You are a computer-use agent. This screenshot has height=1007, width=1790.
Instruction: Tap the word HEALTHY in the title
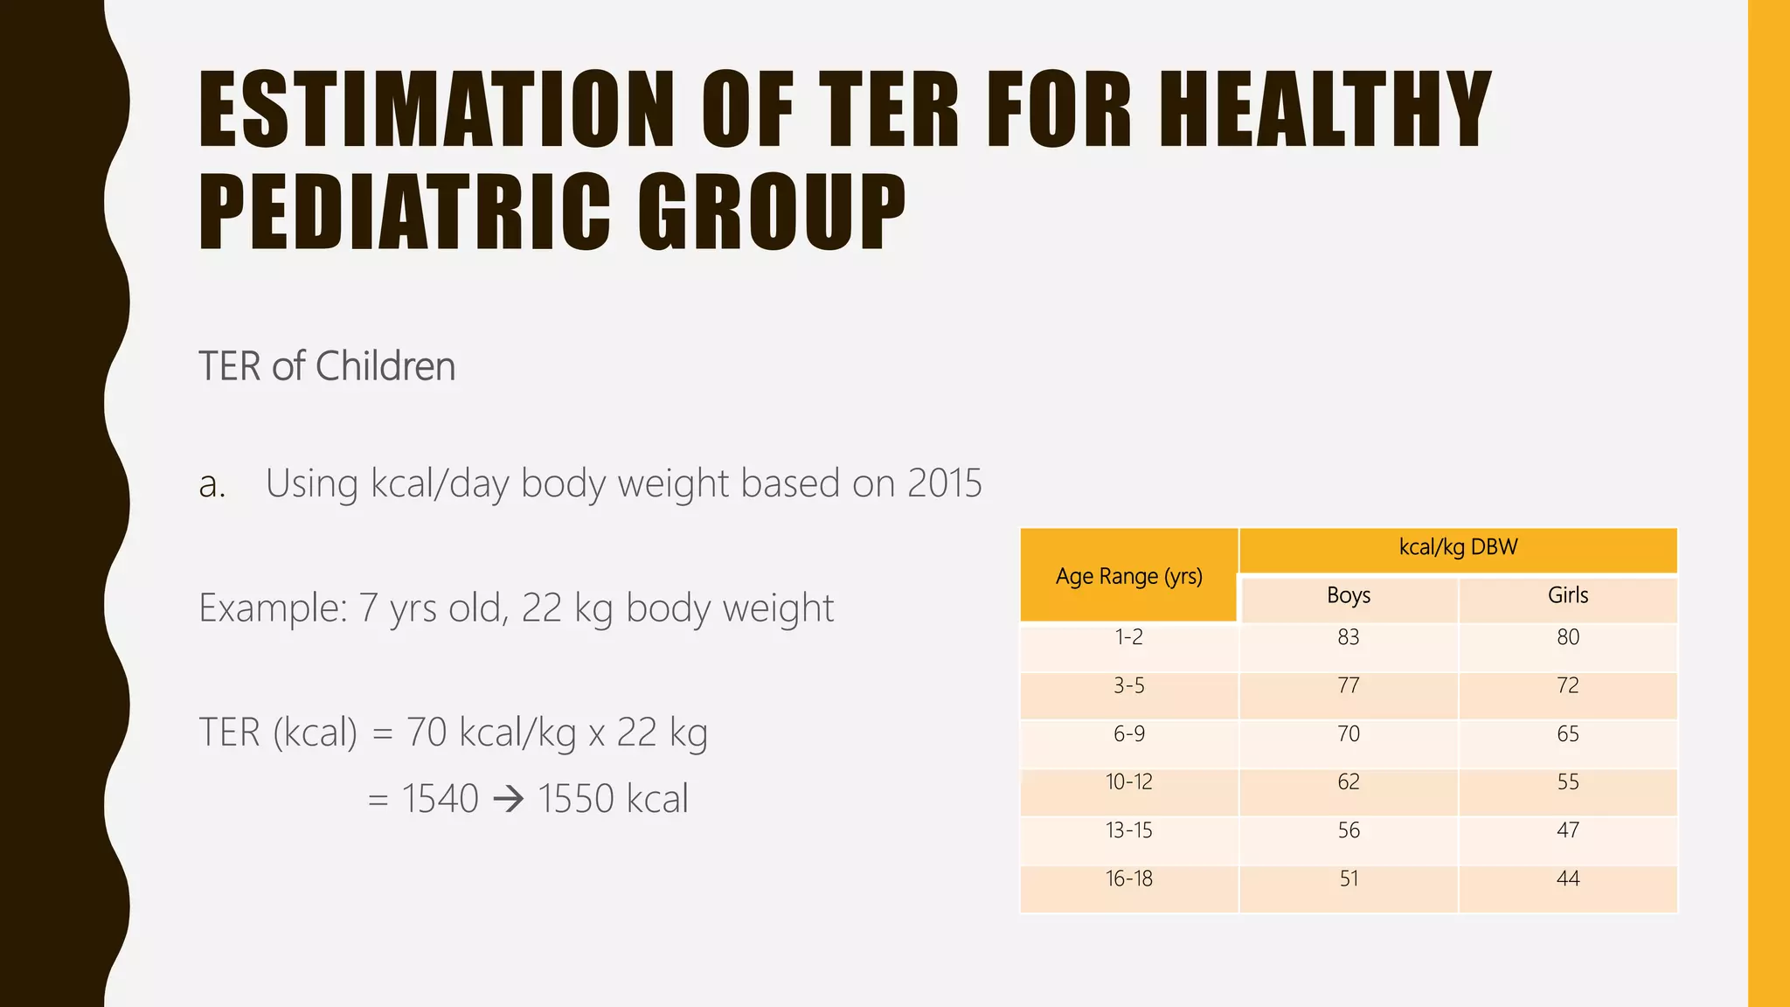tap(1325, 109)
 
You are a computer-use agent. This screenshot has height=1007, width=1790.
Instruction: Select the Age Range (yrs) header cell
tap(1128, 576)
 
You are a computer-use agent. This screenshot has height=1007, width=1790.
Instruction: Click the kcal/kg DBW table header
tap(1458, 548)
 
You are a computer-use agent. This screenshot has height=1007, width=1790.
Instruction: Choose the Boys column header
tap(1348, 596)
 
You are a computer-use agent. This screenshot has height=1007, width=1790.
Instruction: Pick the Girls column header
tap(1567, 596)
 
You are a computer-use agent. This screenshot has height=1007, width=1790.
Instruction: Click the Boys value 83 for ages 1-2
tap(1348, 638)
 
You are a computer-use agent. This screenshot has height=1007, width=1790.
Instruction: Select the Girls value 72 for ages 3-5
tap(1567, 686)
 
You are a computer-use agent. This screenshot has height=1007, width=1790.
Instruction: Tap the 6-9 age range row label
tap(1128, 734)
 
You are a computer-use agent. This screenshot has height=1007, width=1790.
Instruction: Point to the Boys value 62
tap(1348, 782)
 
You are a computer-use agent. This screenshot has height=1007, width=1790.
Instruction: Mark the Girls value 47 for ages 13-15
tap(1567, 830)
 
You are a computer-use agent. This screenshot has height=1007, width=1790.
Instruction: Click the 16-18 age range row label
tap(1128, 879)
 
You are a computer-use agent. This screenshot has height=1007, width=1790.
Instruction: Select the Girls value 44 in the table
tap(1567, 879)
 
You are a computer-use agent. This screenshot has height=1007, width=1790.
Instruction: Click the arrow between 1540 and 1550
tap(508, 799)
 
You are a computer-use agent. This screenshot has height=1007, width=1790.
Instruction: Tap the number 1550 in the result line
tap(576, 799)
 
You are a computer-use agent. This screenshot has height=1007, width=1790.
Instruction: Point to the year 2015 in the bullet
tap(944, 483)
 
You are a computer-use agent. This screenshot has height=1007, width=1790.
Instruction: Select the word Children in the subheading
tap(385, 366)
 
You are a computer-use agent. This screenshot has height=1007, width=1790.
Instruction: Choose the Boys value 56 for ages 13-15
tap(1348, 830)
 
